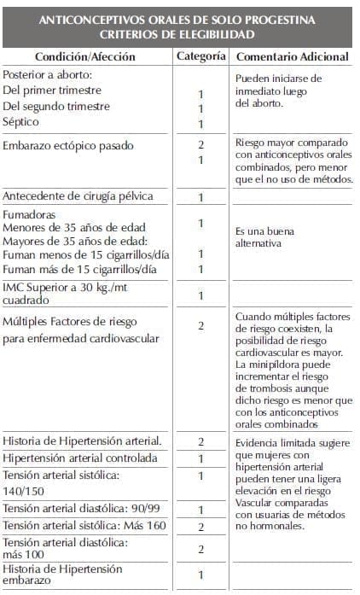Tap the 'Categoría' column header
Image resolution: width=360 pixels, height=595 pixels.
tap(201, 56)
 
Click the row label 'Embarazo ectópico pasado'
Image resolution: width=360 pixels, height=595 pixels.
tap(72, 145)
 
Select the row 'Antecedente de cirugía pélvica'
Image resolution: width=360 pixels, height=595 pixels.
tap(78, 196)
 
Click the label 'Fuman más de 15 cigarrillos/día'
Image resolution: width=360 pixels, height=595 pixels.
tap(80, 270)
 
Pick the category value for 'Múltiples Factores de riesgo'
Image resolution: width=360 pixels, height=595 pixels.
tap(201, 325)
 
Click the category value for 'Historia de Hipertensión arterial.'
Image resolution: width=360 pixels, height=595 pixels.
tap(201, 441)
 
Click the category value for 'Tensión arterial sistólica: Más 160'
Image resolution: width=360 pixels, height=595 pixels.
tap(201, 527)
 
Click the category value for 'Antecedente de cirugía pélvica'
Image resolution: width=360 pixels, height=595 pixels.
tap(201, 197)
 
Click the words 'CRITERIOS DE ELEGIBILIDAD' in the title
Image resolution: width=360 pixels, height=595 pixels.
tap(180, 33)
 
